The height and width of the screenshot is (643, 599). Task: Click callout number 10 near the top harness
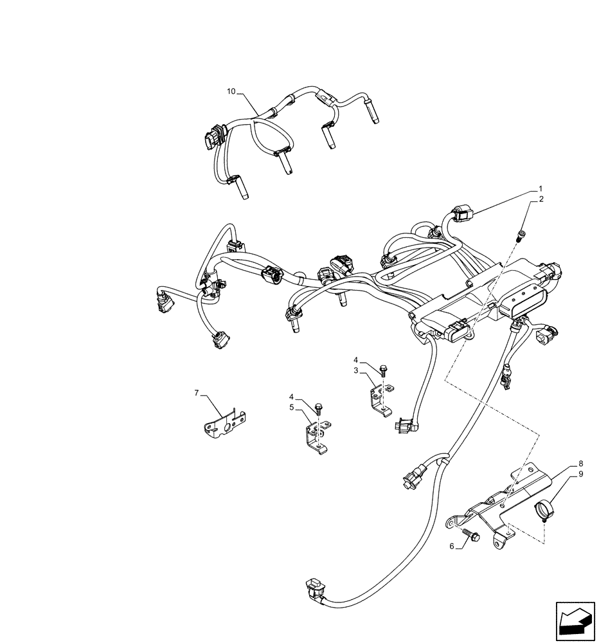tap(231, 92)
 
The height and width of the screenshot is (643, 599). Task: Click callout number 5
tap(291, 407)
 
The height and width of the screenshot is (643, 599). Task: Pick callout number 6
tap(451, 545)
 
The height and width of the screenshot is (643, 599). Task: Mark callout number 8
tap(580, 464)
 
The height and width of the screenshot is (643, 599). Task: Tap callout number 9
tap(580, 474)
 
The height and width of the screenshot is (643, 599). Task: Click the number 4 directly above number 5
tap(291, 397)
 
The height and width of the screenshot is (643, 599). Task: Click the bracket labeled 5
tap(314, 437)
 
